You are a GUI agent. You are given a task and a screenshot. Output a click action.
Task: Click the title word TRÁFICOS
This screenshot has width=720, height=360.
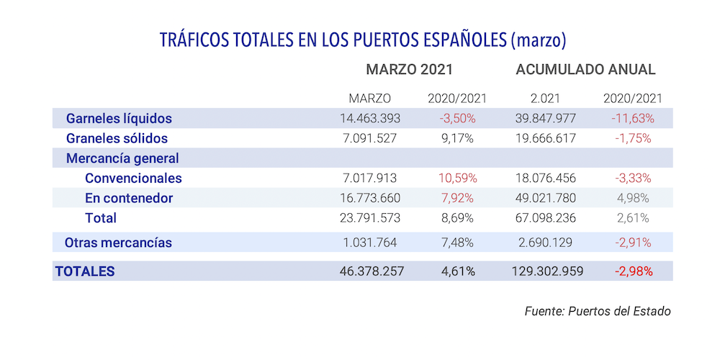coord(193,39)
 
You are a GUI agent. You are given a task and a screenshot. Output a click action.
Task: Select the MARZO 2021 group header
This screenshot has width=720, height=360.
coord(410,70)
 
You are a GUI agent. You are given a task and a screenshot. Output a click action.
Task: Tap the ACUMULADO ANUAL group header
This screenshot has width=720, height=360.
coord(585,70)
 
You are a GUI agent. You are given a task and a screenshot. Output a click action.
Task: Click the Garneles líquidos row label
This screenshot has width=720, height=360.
coord(119,118)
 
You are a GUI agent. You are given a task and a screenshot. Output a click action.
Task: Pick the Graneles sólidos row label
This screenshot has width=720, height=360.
coord(117,138)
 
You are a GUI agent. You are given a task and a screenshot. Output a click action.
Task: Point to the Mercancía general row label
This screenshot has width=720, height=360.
coord(122,158)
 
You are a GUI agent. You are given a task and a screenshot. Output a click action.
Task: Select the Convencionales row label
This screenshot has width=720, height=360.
coord(133,178)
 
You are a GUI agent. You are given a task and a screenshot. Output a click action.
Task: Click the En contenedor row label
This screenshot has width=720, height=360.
coord(128,198)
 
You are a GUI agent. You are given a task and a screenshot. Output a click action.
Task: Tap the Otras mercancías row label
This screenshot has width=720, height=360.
coord(118,243)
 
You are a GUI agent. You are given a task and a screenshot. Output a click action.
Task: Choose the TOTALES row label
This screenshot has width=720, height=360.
coord(84,271)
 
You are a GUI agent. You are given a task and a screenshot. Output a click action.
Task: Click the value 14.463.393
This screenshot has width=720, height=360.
coord(369,118)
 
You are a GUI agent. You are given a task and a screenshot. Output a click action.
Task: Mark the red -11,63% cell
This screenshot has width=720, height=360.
coord(631,118)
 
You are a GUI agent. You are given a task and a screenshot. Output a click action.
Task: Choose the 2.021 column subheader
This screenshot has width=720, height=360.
coord(545,98)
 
